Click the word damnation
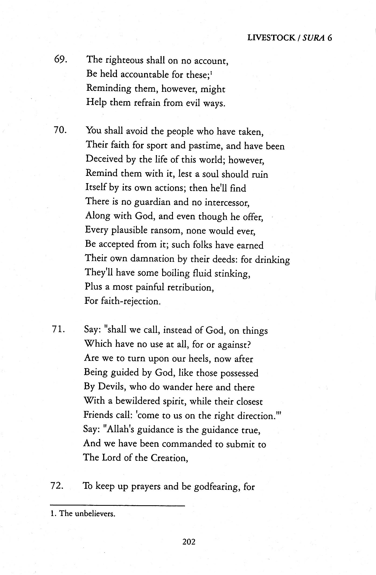click(152, 259)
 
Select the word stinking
click(232, 274)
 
